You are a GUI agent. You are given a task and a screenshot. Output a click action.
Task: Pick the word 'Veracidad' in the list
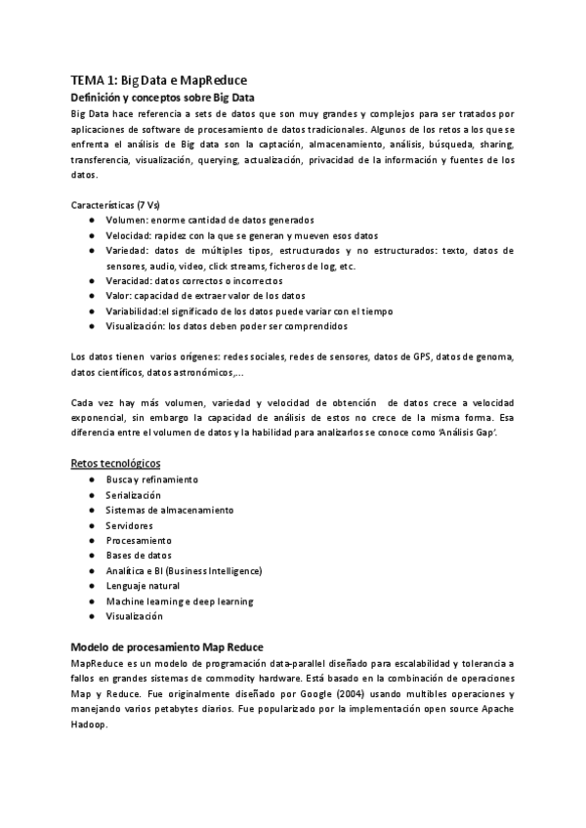129,280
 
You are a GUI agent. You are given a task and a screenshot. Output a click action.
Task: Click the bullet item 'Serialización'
134,495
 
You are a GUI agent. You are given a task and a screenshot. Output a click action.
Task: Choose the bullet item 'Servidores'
129,525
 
